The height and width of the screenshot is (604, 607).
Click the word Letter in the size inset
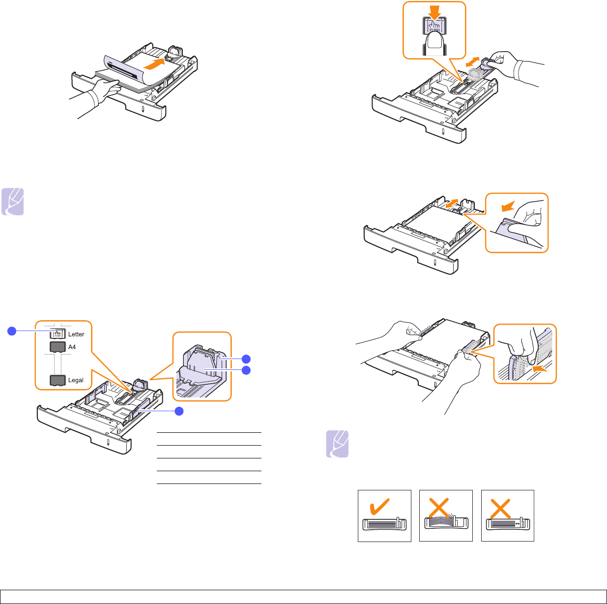click(76, 334)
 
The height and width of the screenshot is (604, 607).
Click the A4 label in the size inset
click(72, 347)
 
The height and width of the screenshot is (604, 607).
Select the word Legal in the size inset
click(76, 380)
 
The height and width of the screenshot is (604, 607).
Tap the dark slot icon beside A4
click(58, 347)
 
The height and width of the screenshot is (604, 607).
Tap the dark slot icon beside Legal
click(58, 380)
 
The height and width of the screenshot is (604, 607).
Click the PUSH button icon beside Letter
click(58, 333)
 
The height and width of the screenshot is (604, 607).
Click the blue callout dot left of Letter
click(13, 331)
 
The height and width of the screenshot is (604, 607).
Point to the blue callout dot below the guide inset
click(180, 411)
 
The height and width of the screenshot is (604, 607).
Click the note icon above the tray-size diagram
click(12, 202)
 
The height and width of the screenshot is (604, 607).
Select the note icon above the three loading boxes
click(337, 444)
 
